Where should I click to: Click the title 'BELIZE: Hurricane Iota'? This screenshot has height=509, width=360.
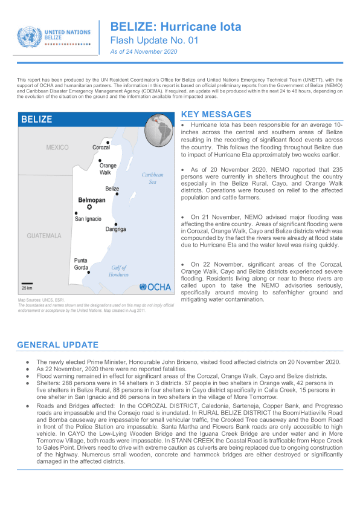point(175,27)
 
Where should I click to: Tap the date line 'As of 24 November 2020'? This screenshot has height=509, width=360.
point(143,53)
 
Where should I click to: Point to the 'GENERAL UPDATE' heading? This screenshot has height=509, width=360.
point(57,345)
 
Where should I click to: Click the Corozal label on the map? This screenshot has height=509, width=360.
point(101,148)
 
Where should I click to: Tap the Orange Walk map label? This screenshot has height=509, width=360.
point(108,169)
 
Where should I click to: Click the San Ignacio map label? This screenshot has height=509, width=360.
point(88,219)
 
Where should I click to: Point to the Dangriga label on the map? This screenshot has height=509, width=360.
point(115,230)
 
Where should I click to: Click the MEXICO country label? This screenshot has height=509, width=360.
point(58,148)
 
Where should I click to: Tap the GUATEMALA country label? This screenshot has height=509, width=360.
point(44,235)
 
